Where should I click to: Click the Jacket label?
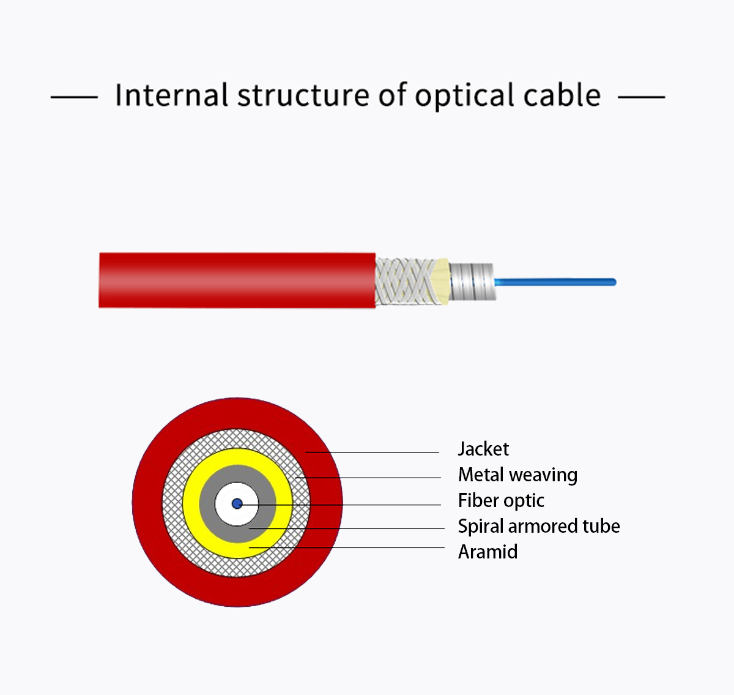[x=483, y=449]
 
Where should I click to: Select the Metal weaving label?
[x=517, y=475]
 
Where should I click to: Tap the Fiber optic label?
[x=501, y=500]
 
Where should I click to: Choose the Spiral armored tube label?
[x=539, y=526]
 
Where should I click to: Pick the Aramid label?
[x=487, y=552]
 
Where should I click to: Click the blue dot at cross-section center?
[x=237, y=504]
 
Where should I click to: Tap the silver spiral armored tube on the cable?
[x=472, y=280]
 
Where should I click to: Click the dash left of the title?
[x=74, y=97]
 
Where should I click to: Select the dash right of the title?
[x=641, y=97]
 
